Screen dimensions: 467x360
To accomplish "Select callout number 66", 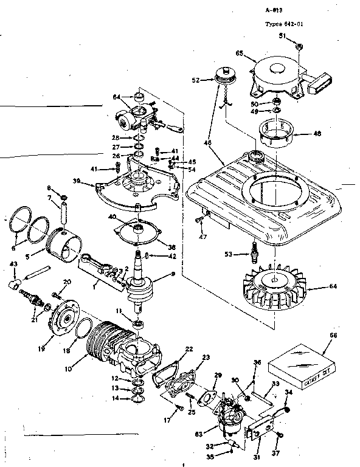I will click(333, 336).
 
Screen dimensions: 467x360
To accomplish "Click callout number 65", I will click(240, 54).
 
